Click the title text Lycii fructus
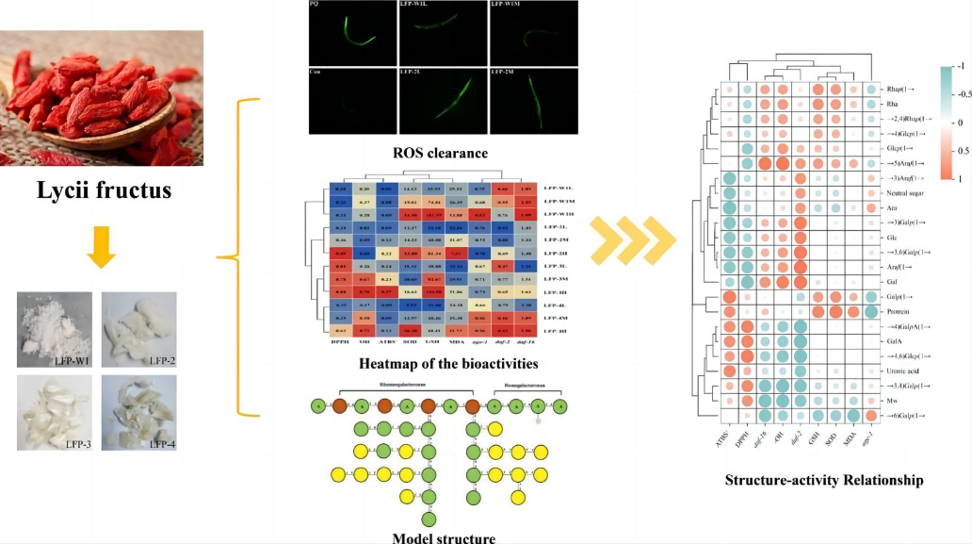[103, 191]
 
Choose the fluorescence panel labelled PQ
[353, 31]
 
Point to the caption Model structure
[444, 538]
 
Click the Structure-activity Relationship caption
[824, 480]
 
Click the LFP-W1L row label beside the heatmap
[562, 190]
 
